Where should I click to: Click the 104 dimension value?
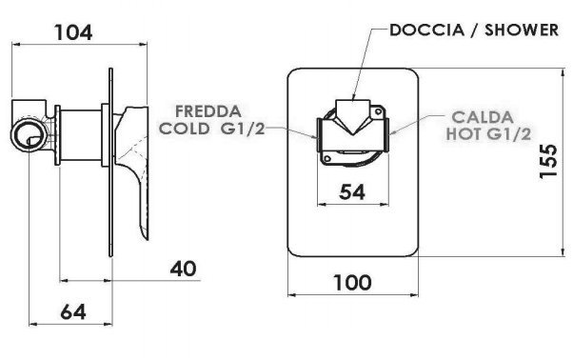[73, 32]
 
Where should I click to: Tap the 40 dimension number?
[183, 269]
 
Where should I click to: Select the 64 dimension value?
[73, 312]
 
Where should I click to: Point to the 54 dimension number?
[352, 191]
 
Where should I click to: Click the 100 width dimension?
[352, 283]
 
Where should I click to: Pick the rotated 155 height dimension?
[548, 161]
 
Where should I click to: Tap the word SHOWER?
[522, 30]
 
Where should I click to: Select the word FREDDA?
[208, 111]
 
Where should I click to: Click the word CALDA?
[483, 117]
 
